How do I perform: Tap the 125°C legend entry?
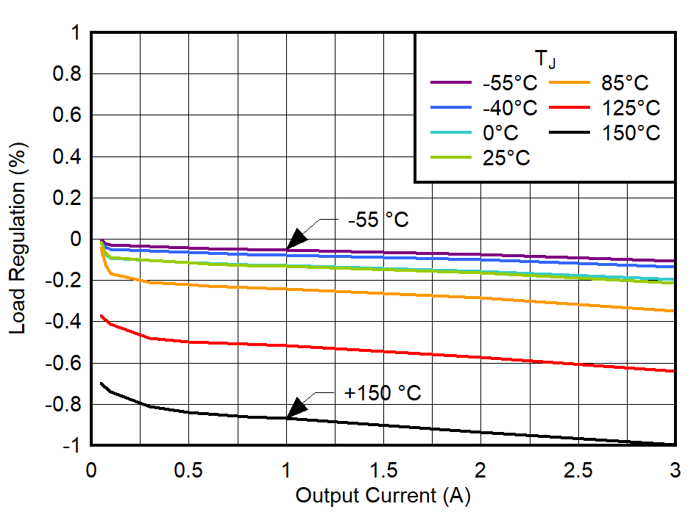coord(631,109)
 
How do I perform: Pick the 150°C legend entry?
coord(631,133)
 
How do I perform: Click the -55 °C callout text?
coord(377,220)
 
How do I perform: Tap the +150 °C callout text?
coord(383,393)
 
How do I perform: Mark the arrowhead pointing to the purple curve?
coord(296,240)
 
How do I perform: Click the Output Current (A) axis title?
coord(383,496)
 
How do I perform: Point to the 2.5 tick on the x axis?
coord(578,469)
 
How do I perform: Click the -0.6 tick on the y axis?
coord(64,364)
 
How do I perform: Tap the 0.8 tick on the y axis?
coord(68,74)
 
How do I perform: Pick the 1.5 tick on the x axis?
coord(383,469)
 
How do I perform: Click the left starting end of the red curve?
coord(101,316)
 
